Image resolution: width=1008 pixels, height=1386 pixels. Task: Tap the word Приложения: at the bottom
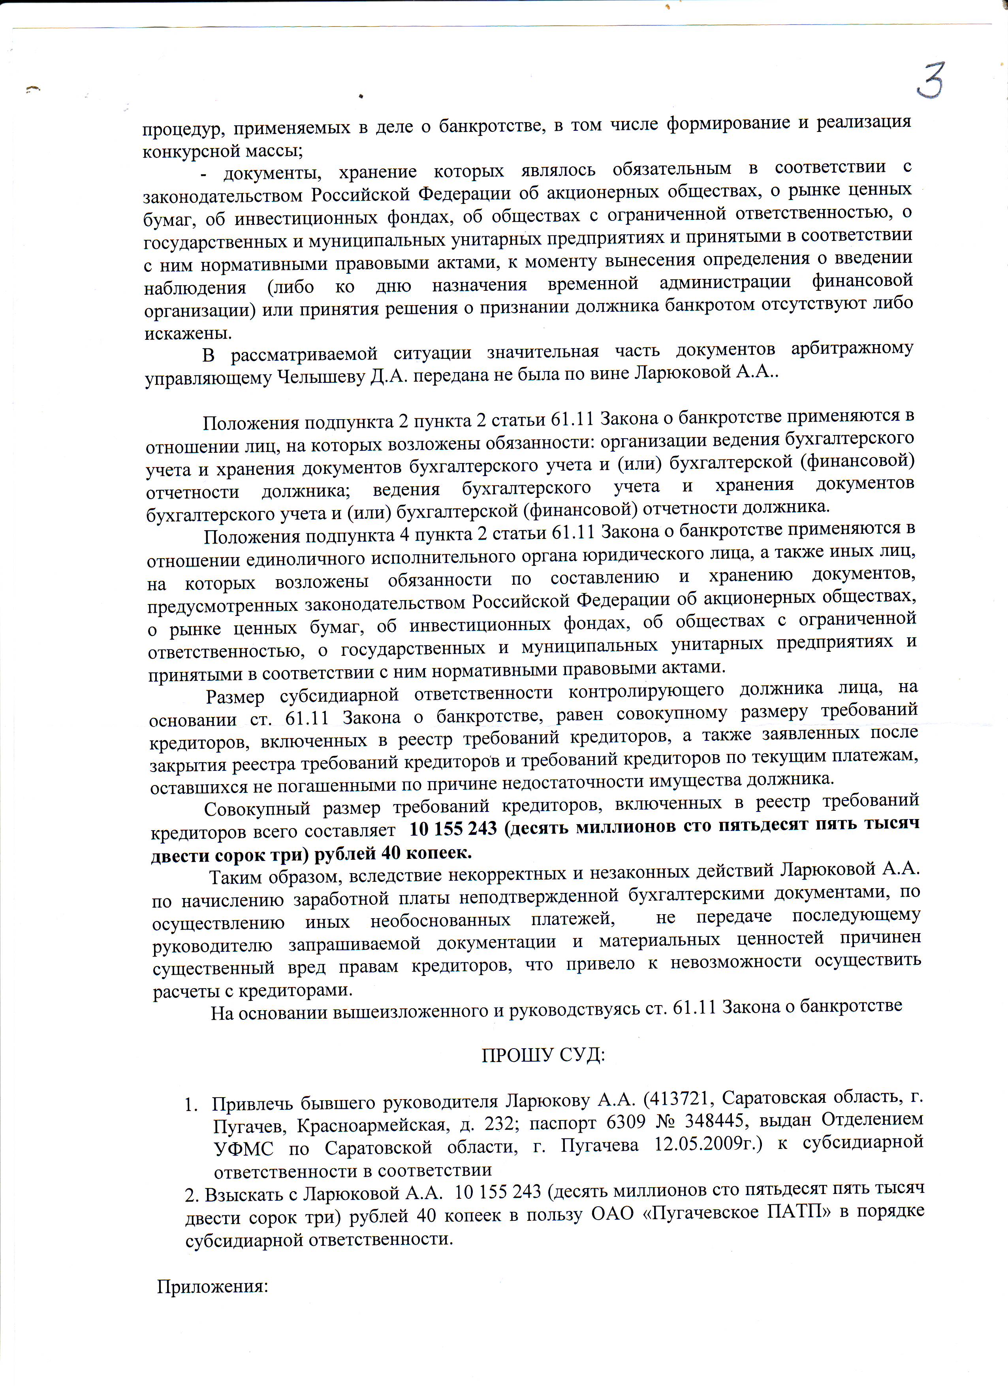pyautogui.click(x=213, y=1286)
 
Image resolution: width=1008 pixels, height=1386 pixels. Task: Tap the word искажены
pyautogui.click(x=188, y=334)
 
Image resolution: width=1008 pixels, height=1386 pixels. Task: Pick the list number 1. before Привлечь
pyautogui.click(x=191, y=1105)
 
